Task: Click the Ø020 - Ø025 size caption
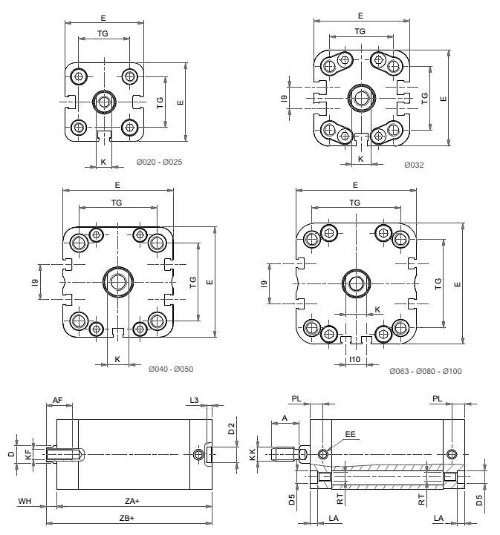[x=159, y=162]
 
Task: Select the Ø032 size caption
[x=415, y=165]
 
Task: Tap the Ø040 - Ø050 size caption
[x=170, y=369]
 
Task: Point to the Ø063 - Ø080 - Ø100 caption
[x=425, y=370]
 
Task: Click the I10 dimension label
[x=355, y=361]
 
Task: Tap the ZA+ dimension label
[x=132, y=502]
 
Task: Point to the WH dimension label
[x=24, y=502]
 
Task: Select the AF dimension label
[x=57, y=401]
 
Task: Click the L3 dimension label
[x=194, y=401]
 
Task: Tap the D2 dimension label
[x=231, y=427]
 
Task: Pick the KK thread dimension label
[x=253, y=454]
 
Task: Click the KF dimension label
[x=28, y=453]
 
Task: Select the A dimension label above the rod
[x=285, y=418]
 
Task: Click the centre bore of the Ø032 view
[x=361, y=97]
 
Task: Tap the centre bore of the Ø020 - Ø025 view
[x=104, y=101]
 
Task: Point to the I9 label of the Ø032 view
[x=285, y=98]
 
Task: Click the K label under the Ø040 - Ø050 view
[x=117, y=359]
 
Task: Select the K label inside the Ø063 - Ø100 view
[x=377, y=309]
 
